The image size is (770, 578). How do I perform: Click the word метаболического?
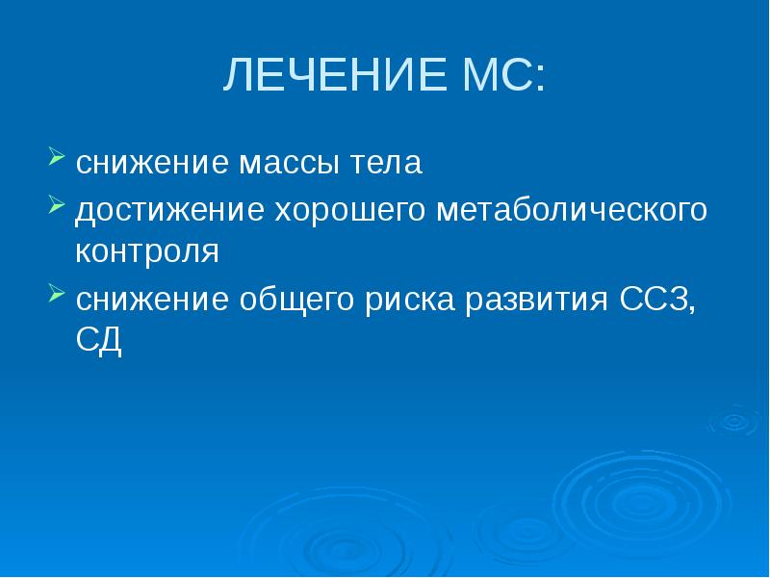[572, 209]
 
